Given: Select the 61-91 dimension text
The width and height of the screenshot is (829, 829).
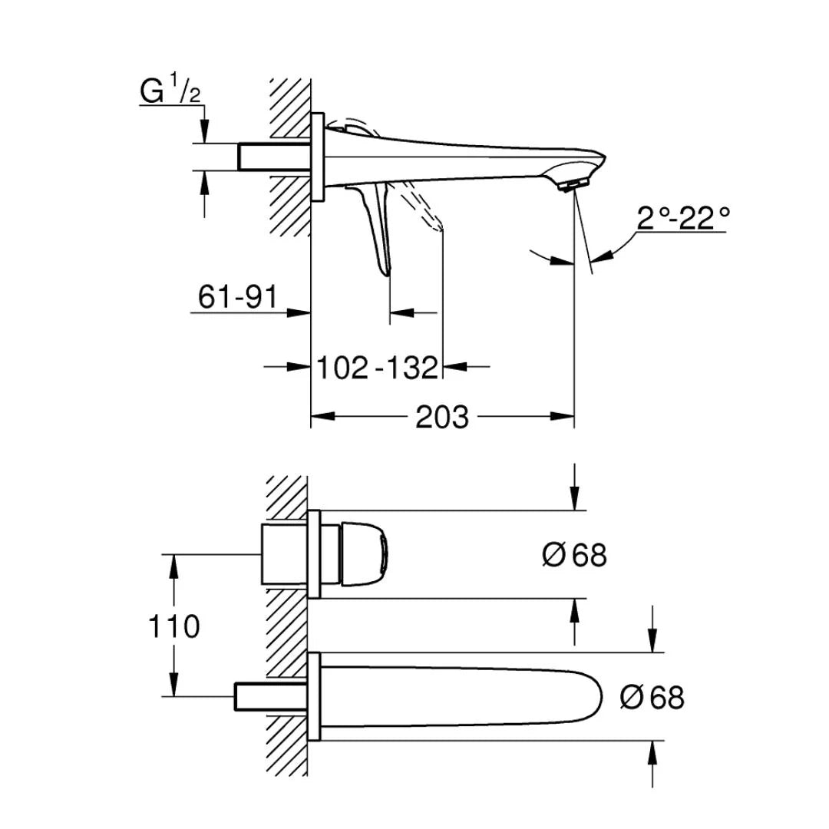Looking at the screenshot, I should click(x=237, y=297).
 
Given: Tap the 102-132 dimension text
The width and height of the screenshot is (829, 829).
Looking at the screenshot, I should click(x=378, y=368).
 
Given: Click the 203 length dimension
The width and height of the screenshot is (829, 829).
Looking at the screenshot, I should click(x=441, y=418).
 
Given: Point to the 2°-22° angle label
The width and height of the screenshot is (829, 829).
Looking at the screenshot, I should click(x=682, y=220).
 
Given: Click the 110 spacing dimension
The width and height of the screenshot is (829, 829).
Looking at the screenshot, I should click(x=175, y=626).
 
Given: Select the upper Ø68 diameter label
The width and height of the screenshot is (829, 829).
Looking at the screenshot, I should click(x=574, y=555).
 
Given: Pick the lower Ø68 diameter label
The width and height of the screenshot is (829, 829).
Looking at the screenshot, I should click(x=652, y=698).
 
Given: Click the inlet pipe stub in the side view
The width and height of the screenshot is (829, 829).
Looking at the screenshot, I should click(x=272, y=157).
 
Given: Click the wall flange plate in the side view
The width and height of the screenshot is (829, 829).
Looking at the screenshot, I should click(x=317, y=157).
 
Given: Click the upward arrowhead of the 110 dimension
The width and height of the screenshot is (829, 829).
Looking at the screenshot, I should click(x=175, y=563).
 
